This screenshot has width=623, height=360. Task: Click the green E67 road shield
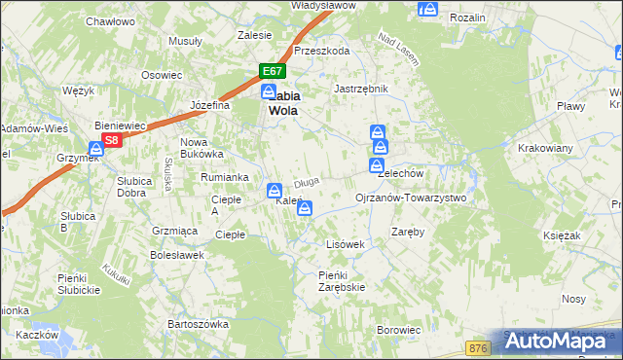[272, 71]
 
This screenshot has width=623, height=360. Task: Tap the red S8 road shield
[112, 139]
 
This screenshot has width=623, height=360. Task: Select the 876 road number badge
[477, 347]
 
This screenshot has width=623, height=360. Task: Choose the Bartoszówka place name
[198, 323]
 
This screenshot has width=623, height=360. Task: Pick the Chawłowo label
[110, 20]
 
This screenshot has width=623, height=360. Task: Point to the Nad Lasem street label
[398, 50]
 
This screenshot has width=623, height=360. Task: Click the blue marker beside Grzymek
[96, 150]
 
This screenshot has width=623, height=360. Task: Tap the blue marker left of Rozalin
[426, 10]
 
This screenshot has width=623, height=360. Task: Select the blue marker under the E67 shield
[268, 90]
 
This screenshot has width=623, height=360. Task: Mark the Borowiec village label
[399, 331]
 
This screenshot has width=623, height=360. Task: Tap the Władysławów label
[323, 5]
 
